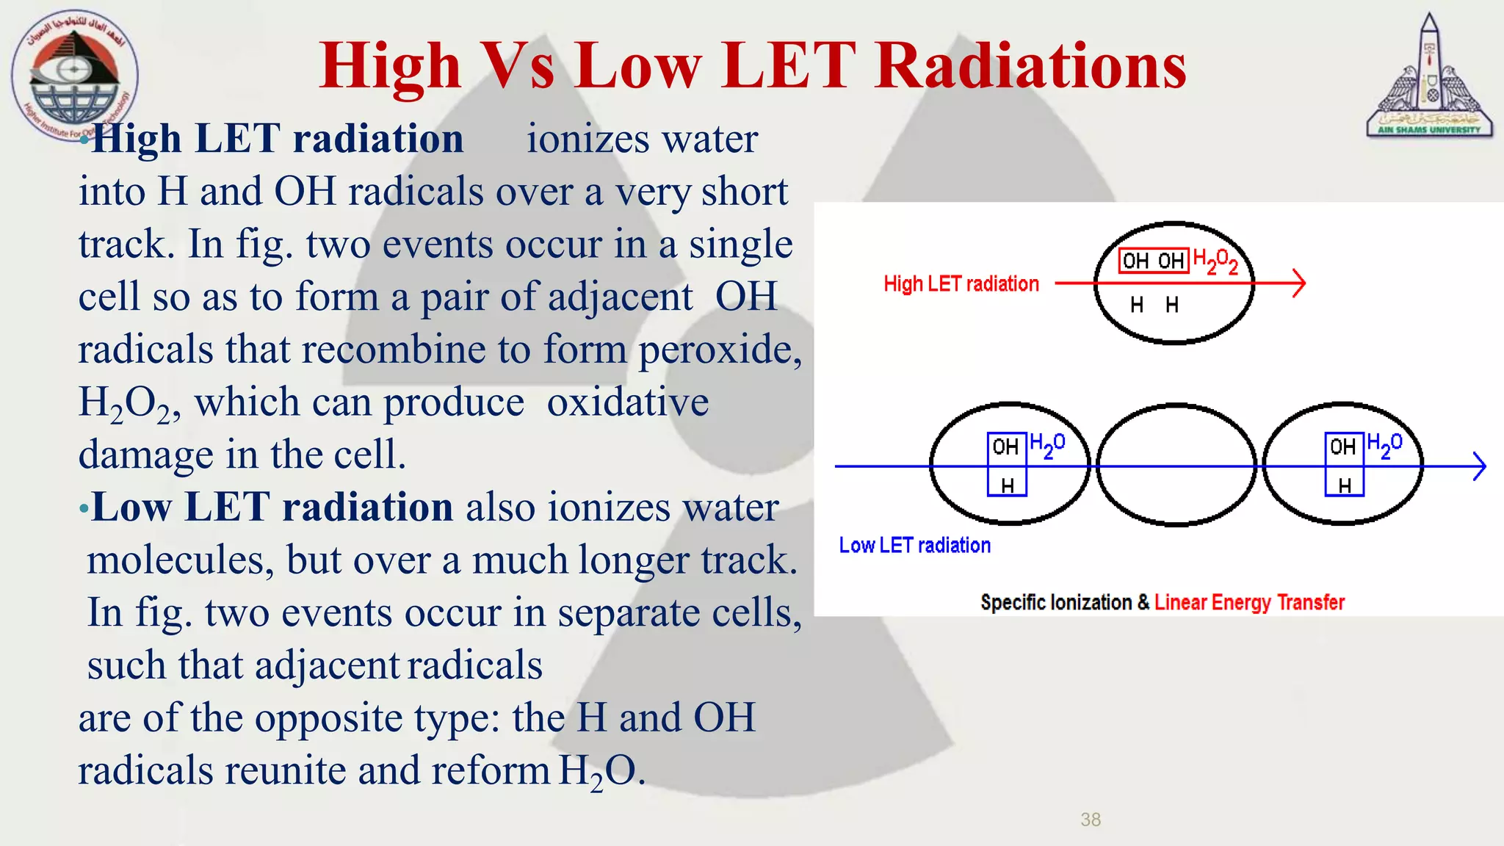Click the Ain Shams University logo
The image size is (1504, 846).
[x=1428, y=77]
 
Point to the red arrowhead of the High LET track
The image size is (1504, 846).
[x=1298, y=283]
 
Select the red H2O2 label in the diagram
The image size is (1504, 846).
[x=1215, y=261]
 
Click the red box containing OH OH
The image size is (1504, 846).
[x=1153, y=261]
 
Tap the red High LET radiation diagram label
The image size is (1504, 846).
[x=961, y=284]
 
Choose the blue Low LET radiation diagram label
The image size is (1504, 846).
[x=914, y=546]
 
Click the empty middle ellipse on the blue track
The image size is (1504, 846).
[x=1176, y=492]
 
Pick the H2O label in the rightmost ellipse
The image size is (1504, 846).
[x=1384, y=445]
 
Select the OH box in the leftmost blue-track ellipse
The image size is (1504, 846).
[x=1006, y=446]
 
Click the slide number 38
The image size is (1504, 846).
[x=1091, y=820]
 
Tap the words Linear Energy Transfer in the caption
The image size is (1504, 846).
[x=1248, y=603]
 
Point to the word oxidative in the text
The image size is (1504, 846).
[x=628, y=402]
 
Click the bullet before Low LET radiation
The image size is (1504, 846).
[x=84, y=508]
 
